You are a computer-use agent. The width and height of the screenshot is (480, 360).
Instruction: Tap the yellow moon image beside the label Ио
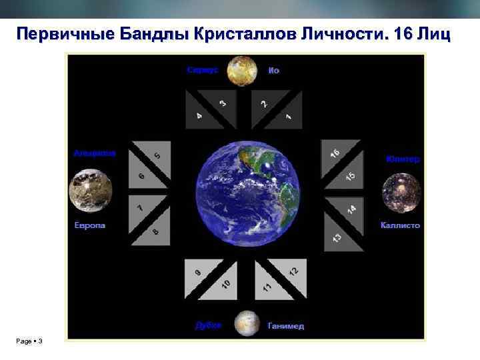coord(242,71)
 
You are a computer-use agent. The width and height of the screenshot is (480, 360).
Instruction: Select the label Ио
coord(273,70)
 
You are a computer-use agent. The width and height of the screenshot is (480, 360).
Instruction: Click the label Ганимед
coord(285,326)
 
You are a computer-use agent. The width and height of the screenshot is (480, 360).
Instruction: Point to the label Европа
coord(90,225)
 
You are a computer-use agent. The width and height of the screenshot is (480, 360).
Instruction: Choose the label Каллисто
coord(400,225)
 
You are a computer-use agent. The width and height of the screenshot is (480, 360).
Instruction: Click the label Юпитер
coord(403,159)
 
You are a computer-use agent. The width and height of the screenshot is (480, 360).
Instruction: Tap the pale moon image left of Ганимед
coord(247,323)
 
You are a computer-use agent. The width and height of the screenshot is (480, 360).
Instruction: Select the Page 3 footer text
coord(30,341)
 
